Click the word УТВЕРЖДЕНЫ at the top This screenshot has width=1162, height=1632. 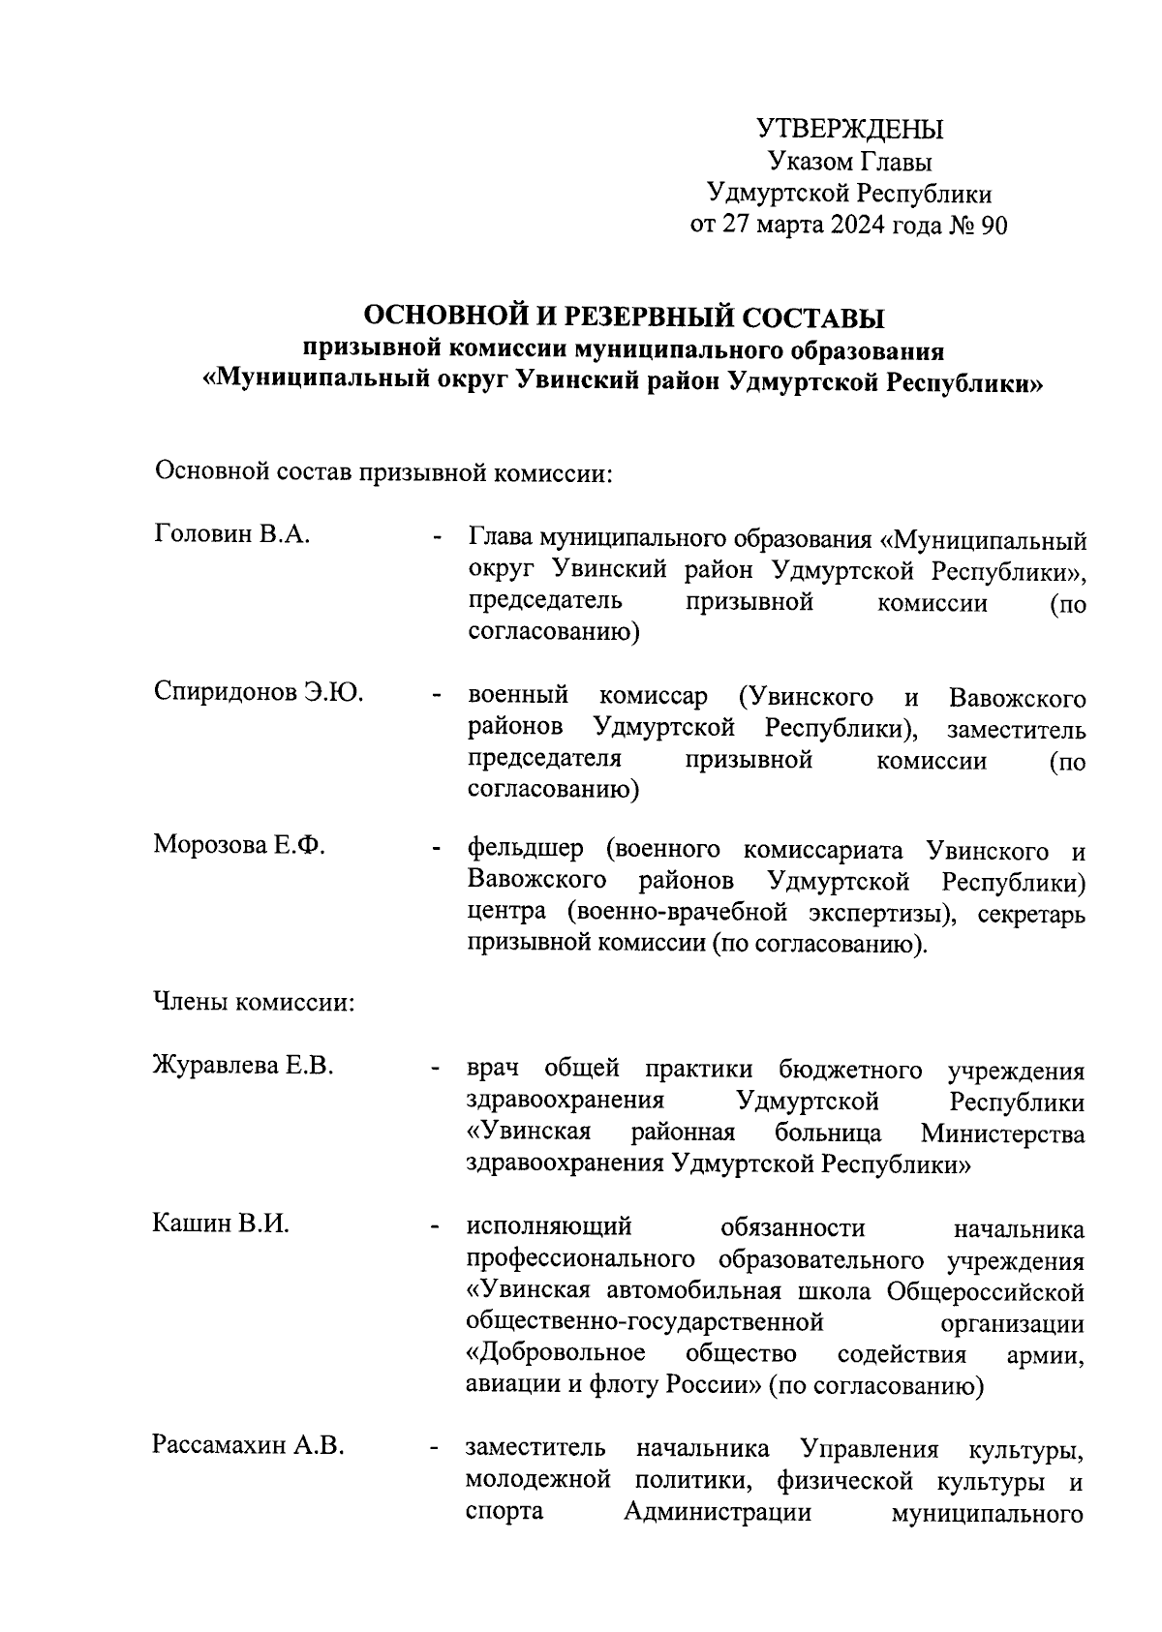pyautogui.click(x=848, y=129)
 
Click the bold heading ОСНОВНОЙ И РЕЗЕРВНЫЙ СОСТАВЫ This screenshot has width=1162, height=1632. pyautogui.click(x=624, y=317)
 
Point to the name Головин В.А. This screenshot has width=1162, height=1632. pyautogui.click(x=231, y=534)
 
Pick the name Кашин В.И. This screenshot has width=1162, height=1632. pyautogui.click(x=221, y=1223)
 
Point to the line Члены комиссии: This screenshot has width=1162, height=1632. pyautogui.click(x=254, y=1002)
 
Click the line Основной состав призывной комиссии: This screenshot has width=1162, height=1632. pyautogui.click(x=384, y=473)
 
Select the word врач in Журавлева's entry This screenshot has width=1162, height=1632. pyautogui.click(x=493, y=1070)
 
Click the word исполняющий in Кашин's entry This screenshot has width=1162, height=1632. pyautogui.click(x=549, y=1227)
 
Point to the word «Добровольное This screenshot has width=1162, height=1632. pyautogui.click(x=556, y=1352)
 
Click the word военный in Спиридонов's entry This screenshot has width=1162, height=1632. pyautogui.click(x=517, y=696)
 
